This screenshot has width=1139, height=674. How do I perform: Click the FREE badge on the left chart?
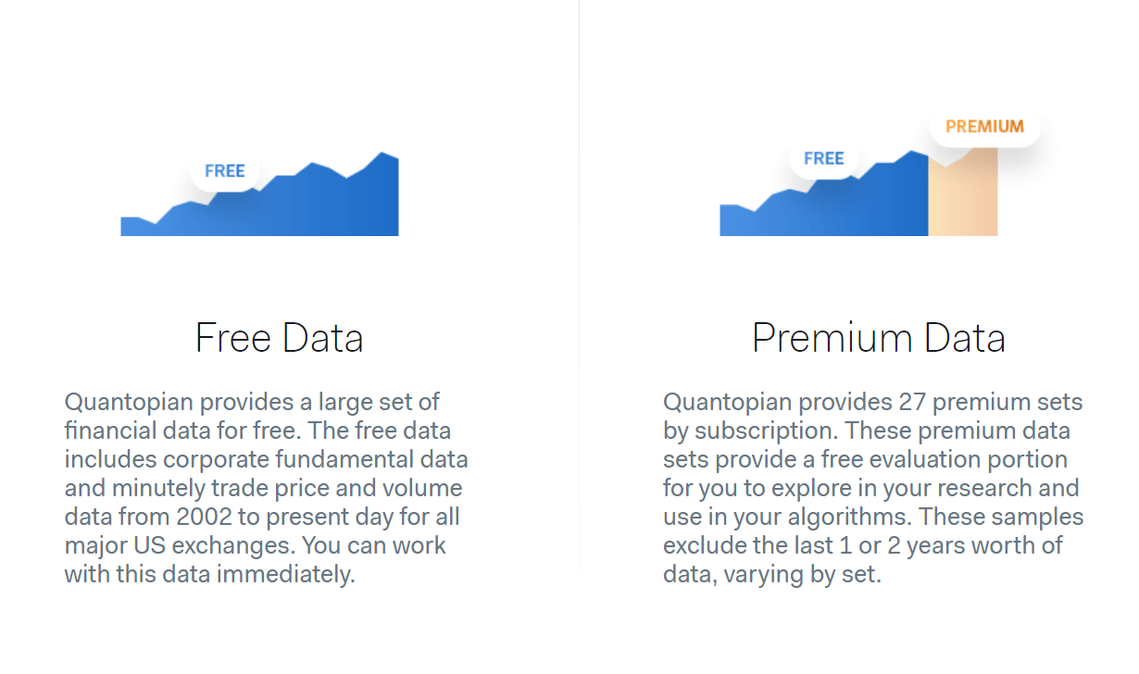click(x=225, y=170)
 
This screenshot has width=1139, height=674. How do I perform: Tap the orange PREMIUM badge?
click(x=984, y=127)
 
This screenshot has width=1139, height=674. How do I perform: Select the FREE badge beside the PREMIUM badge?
click(x=824, y=158)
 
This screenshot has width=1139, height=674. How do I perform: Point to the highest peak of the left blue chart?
click(x=382, y=153)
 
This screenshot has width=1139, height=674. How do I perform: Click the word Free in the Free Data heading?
click(x=232, y=338)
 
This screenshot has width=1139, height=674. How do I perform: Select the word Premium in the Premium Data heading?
click(x=832, y=338)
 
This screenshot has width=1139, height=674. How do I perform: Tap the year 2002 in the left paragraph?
click(x=204, y=517)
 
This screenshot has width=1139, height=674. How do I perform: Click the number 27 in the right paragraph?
click(x=912, y=402)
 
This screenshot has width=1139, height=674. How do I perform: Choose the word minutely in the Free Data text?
click(x=158, y=489)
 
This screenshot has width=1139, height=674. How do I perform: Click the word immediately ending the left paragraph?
click(x=286, y=575)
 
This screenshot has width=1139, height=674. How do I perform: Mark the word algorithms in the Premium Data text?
click(x=848, y=518)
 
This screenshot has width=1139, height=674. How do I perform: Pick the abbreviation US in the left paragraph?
click(x=149, y=546)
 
